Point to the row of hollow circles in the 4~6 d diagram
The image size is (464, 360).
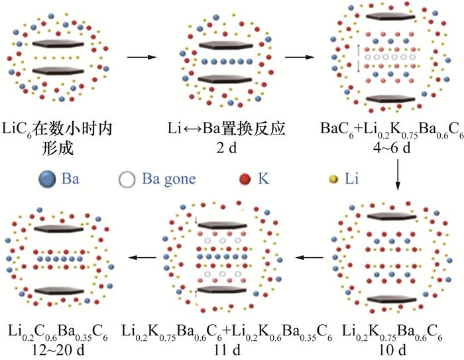(390, 58)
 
